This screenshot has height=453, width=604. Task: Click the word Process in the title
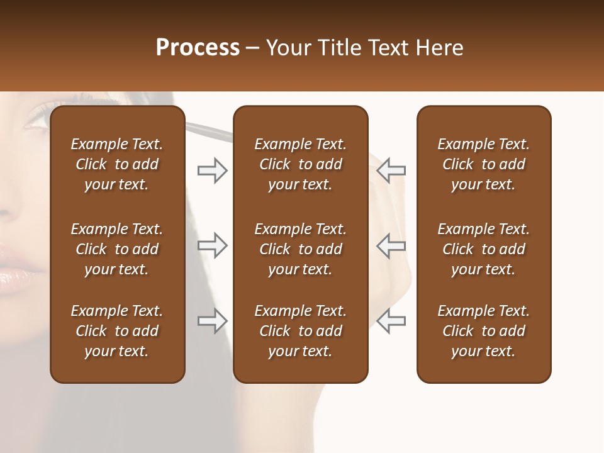[198, 47]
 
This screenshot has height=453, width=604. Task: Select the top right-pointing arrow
[213, 171]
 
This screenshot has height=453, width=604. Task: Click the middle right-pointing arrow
[213, 245]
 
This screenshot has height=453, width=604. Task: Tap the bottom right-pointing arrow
[213, 321]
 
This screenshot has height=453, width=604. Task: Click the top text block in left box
[117, 164]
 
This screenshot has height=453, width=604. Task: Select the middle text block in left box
[117, 249]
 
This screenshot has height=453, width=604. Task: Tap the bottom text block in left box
[117, 331]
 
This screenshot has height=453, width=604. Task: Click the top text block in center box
[301, 164]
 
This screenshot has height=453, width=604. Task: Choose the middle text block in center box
[301, 249]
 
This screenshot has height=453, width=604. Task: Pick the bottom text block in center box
[301, 331]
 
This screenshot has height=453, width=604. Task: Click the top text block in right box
[484, 164]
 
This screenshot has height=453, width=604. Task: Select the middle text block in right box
[484, 249]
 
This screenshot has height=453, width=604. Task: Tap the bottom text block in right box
[484, 331]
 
